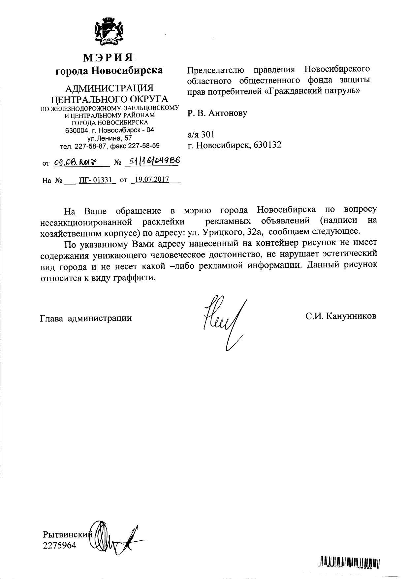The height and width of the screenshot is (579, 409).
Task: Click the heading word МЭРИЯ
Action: click(109, 58)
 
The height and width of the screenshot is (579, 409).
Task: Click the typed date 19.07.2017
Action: click(152, 180)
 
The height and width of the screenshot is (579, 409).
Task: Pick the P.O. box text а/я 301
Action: click(201, 134)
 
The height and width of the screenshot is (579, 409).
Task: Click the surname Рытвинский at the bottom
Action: click(68, 534)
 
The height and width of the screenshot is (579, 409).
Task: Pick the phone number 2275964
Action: click(59, 545)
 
